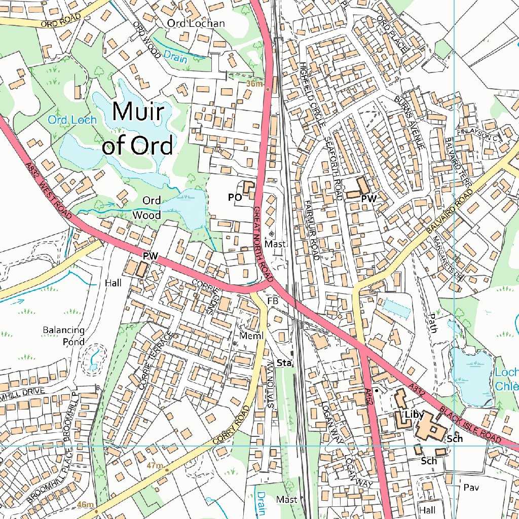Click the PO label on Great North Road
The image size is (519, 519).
coord(235,198)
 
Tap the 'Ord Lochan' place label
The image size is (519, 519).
coord(196,23)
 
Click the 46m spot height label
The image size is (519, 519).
coord(86,504)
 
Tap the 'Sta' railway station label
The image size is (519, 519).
coord(284,363)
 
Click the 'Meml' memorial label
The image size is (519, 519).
coord(248,336)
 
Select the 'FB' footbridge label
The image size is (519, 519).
coord(273,301)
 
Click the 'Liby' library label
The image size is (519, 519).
coord(414,415)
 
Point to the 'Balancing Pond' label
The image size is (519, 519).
coord(63,336)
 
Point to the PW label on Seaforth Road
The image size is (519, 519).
coord(368,200)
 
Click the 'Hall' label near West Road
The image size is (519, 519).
coord(114,283)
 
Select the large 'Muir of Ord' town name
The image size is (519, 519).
coord(138,128)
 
